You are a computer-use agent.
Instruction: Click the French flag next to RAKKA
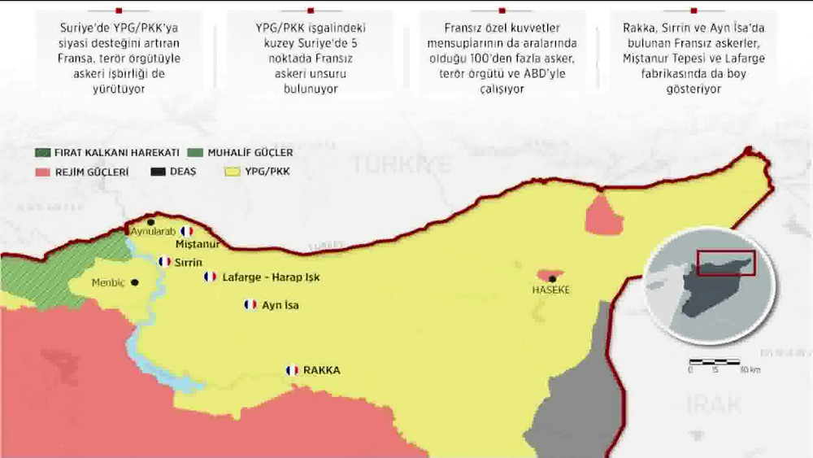292,370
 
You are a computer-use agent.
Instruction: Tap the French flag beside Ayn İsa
250,304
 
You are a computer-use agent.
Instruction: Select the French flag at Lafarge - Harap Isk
210,277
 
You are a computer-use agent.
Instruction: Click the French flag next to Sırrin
164,262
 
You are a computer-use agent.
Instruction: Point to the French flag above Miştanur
187,231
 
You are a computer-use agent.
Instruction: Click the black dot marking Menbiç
135,283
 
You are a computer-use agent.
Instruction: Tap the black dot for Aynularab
150,221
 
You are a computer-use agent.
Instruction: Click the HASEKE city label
550,290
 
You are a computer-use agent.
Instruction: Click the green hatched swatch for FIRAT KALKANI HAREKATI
43,153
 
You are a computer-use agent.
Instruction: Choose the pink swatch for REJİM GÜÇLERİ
43,172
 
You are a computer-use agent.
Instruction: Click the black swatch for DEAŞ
159,172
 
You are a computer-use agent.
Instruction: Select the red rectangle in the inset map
725,263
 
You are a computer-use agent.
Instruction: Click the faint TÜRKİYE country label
401,164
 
